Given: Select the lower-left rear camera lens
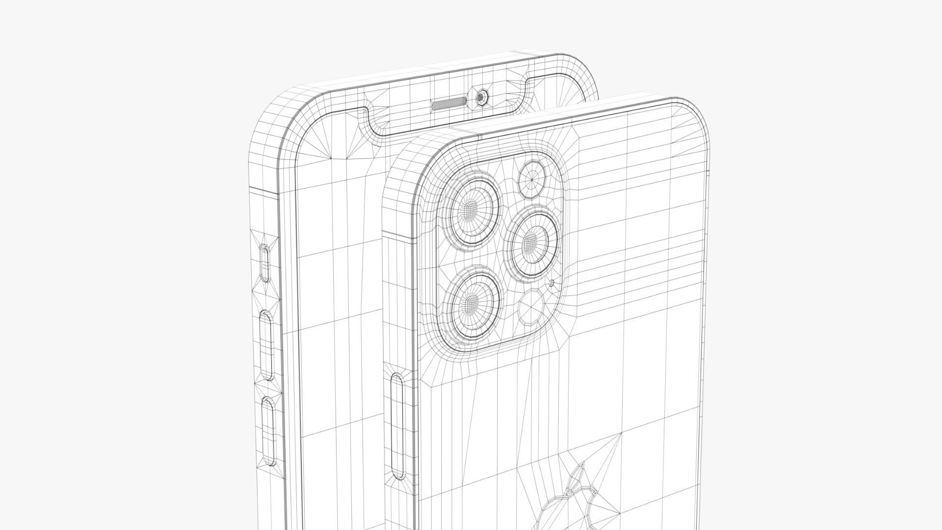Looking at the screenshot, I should [471, 301].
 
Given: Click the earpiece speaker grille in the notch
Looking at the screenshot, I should [448, 104].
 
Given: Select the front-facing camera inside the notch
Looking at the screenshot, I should [481, 97].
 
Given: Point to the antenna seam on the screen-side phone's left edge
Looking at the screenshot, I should [264, 190].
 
